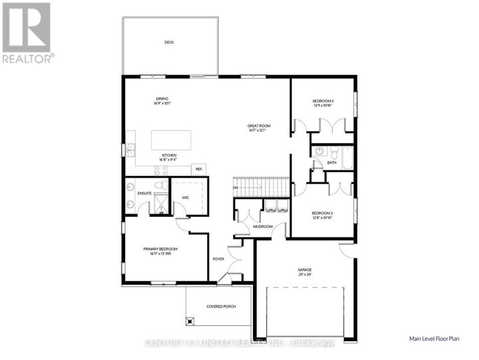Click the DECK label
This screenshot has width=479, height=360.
coord(169,43)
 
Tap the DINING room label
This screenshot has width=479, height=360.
coord(162,100)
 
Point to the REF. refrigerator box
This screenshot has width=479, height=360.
coord(198,169)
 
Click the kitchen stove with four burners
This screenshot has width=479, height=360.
coord(162,170)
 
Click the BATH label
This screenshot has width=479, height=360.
coord(331,162)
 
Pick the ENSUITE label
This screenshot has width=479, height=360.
coord(145,194)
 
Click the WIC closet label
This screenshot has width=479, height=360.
coord(186,197)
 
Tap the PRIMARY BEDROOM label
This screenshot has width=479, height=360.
coord(160,251)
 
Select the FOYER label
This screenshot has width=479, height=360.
coord(218,259)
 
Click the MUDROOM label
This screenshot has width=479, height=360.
coord(263,227)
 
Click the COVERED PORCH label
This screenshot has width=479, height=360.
coord(219,306)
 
